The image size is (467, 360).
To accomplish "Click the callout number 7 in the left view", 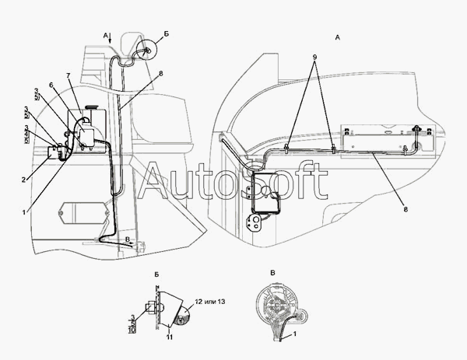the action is tap(68, 75).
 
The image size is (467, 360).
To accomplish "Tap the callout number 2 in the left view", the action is tap(24, 180).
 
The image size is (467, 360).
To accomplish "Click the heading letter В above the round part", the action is tap(271, 272).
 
